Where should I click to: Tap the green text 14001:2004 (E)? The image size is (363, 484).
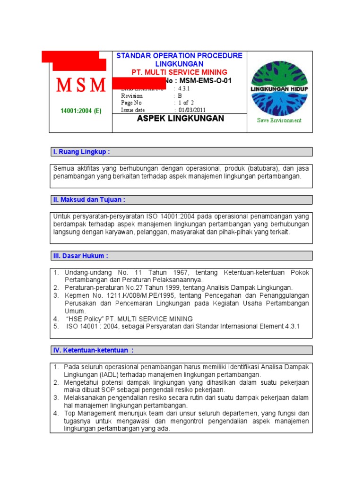tap(81, 111)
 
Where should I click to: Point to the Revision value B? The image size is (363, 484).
tap(180, 95)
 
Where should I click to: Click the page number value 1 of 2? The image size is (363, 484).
tap(186, 103)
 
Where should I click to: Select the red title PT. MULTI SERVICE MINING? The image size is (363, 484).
tap(179, 72)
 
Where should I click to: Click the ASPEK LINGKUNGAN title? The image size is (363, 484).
tap(180, 119)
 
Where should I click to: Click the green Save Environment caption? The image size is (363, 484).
tap(279, 120)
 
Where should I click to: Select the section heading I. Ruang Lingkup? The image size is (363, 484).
tap(81, 152)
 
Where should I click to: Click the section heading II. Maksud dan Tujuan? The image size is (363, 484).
tap(89, 200)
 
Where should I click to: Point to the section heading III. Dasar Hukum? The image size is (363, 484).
tap(80, 256)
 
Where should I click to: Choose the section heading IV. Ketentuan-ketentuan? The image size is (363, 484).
tap(93, 350)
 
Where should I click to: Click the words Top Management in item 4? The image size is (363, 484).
tap(89, 413)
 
